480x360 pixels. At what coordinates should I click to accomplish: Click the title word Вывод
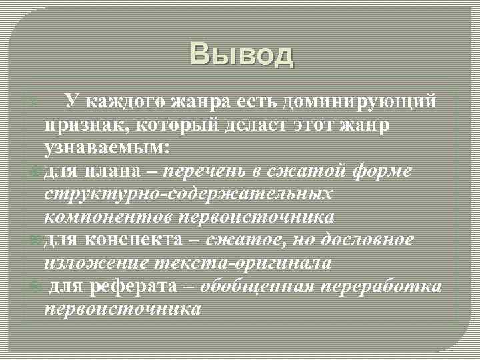[x=241, y=55]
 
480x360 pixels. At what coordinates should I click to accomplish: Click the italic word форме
[x=383, y=171]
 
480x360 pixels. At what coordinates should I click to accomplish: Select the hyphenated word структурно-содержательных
[x=189, y=194]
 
